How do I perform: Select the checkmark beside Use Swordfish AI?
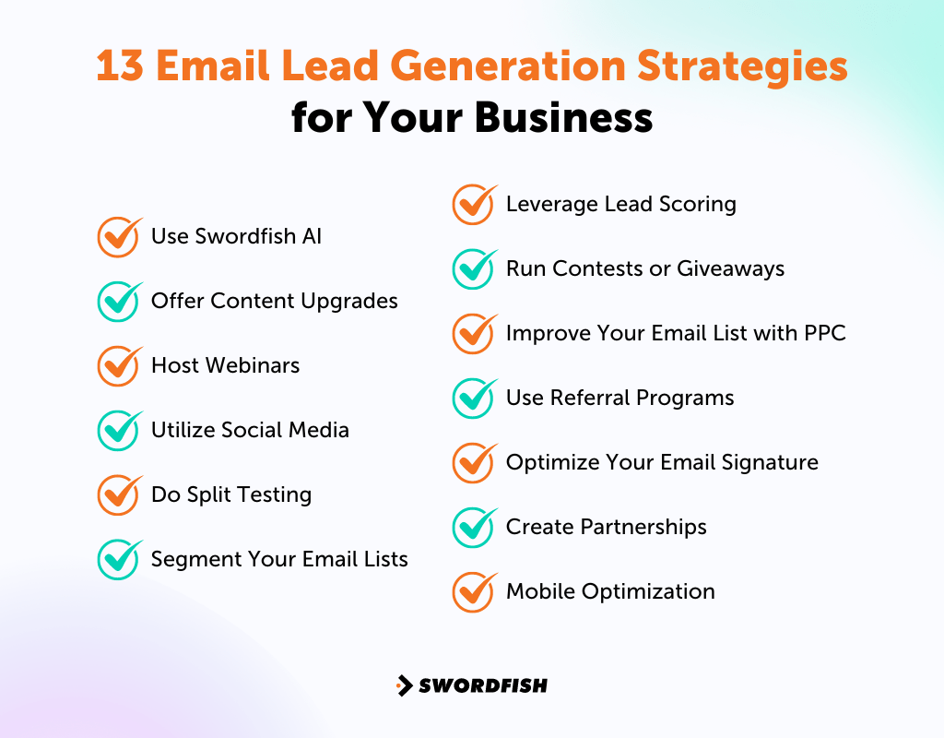coord(119,237)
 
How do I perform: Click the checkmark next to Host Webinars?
coord(119,366)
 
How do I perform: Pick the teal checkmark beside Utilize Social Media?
coord(119,431)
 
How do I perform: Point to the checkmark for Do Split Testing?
coord(119,495)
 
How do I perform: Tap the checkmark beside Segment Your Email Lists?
coord(119,560)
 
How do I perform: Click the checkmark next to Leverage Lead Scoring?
coord(474,205)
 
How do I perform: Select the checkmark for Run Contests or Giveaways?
coord(474,269)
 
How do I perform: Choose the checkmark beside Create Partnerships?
coord(474,528)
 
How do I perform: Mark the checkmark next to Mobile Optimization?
coord(474,592)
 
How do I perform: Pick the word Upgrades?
coord(353,302)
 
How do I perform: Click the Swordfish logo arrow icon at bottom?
coord(404,685)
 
